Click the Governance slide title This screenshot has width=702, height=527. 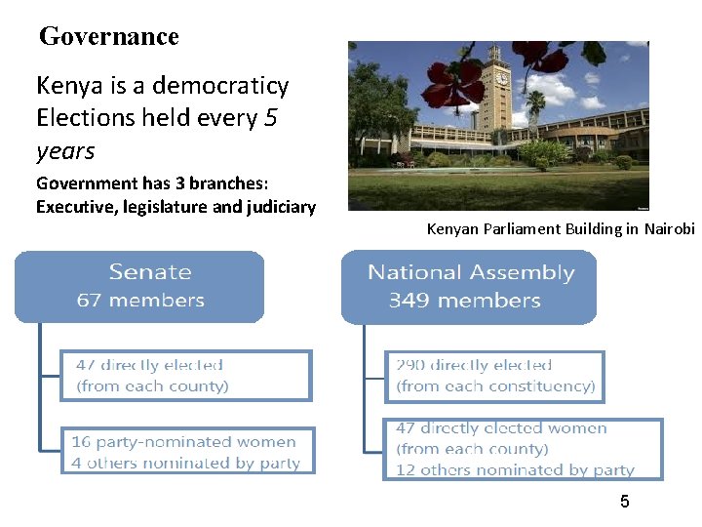(108, 37)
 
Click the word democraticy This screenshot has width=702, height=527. (228, 86)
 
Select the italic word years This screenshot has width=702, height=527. (65, 151)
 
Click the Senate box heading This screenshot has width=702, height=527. (150, 272)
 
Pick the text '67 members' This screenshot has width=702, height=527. (140, 301)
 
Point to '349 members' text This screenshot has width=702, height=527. (464, 301)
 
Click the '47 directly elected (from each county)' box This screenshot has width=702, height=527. (185, 376)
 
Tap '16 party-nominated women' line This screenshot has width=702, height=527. (183, 442)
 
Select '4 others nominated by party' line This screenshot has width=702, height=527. (185, 463)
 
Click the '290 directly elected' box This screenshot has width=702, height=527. (493, 376)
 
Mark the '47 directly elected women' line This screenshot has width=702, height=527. (501, 428)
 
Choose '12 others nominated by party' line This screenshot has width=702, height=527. (515, 469)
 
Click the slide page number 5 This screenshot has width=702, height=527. (625, 502)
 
